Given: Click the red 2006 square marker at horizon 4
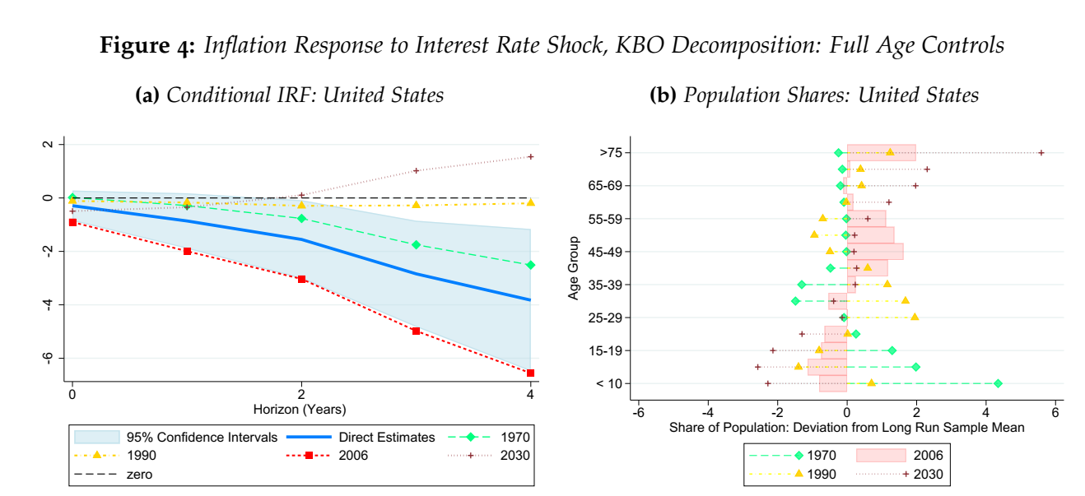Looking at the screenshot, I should tap(530, 373).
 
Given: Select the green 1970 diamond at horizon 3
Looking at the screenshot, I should tap(416, 244).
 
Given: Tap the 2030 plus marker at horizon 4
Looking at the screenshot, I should tap(530, 156).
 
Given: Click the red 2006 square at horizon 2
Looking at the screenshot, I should tap(301, 279).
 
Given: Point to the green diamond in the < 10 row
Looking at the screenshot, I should tap(998, 383).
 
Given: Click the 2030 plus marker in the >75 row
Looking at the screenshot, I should tap(1041, 152).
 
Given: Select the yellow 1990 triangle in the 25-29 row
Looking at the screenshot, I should tap(915, 317).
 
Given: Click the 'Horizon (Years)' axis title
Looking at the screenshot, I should tap(301, 409).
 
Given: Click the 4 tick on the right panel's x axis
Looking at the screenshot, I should tap(986, 412).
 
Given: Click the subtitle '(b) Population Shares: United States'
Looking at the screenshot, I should tap(814, 95).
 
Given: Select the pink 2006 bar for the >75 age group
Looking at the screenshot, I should tap(881, 152).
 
